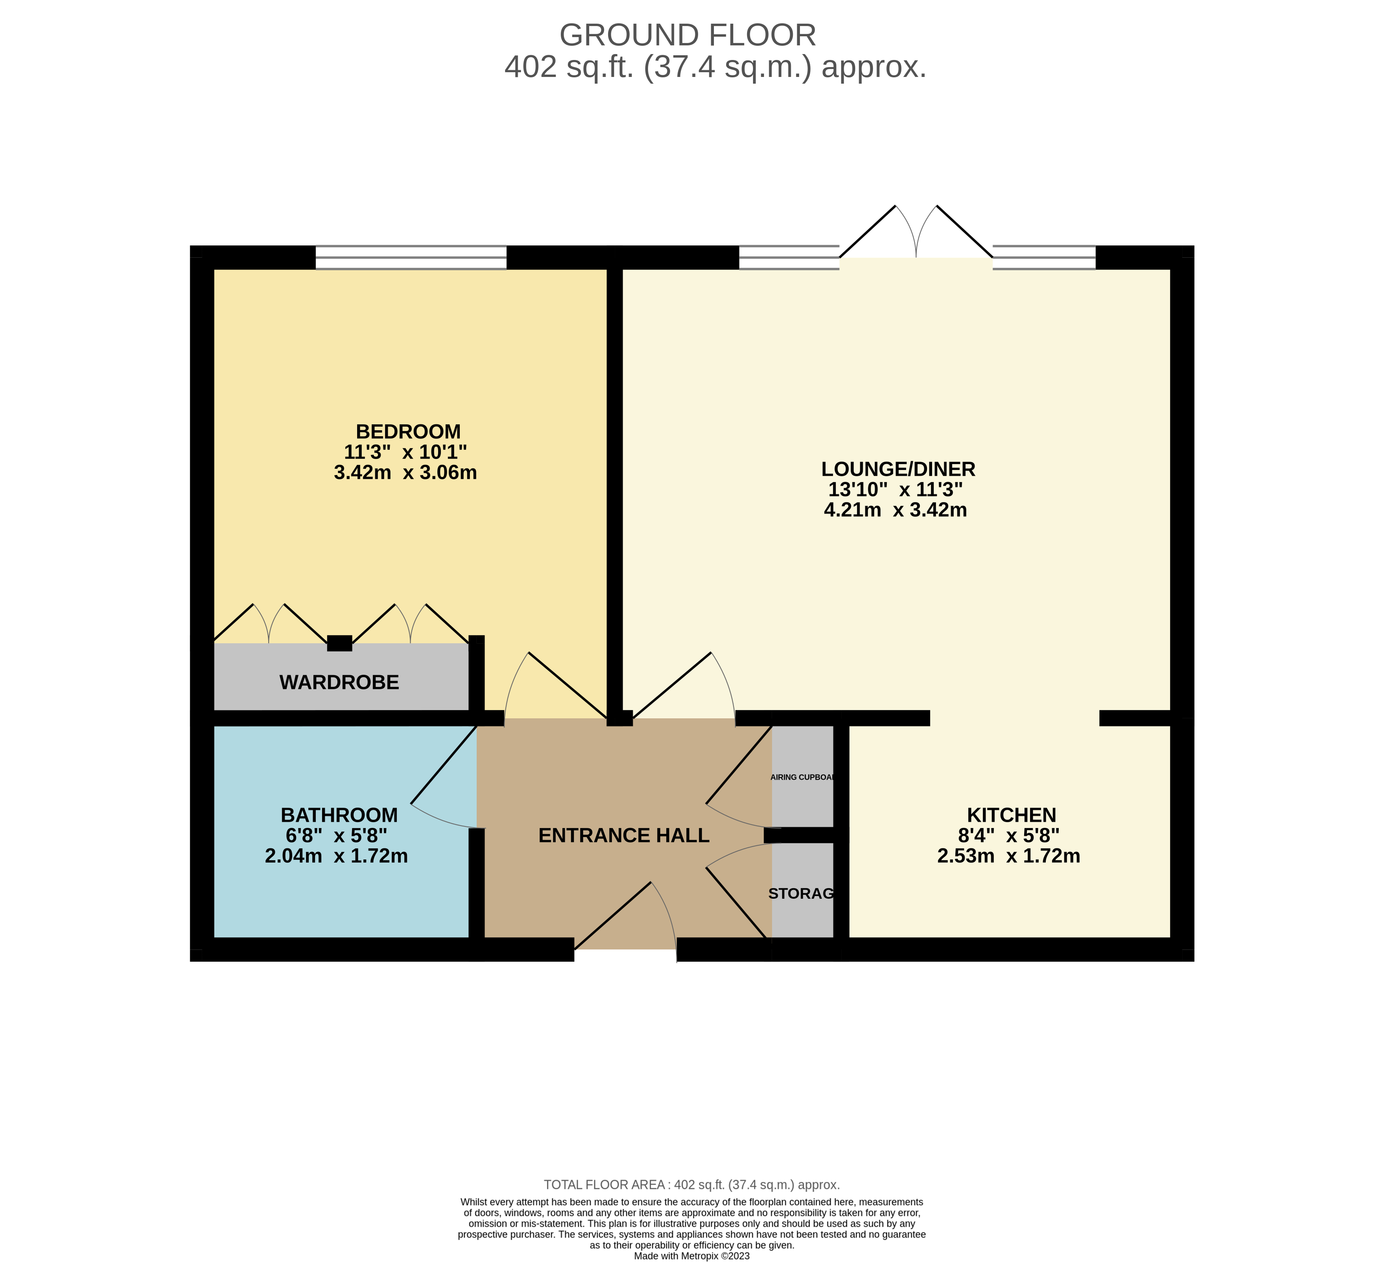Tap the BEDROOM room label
tap(408, 431)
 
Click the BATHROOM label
tap(339, 815)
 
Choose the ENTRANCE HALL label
tap(624, 836)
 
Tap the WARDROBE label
tap(339, 682)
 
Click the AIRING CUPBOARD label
tap(803, 777)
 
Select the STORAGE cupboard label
tap(801, 893)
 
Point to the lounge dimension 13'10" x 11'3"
tap(895, 490)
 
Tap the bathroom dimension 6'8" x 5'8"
tap(336, 836)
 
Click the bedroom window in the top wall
tap(410, 257)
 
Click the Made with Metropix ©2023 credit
tap(691, 1256)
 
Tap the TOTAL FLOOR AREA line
tap(691, 1184)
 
